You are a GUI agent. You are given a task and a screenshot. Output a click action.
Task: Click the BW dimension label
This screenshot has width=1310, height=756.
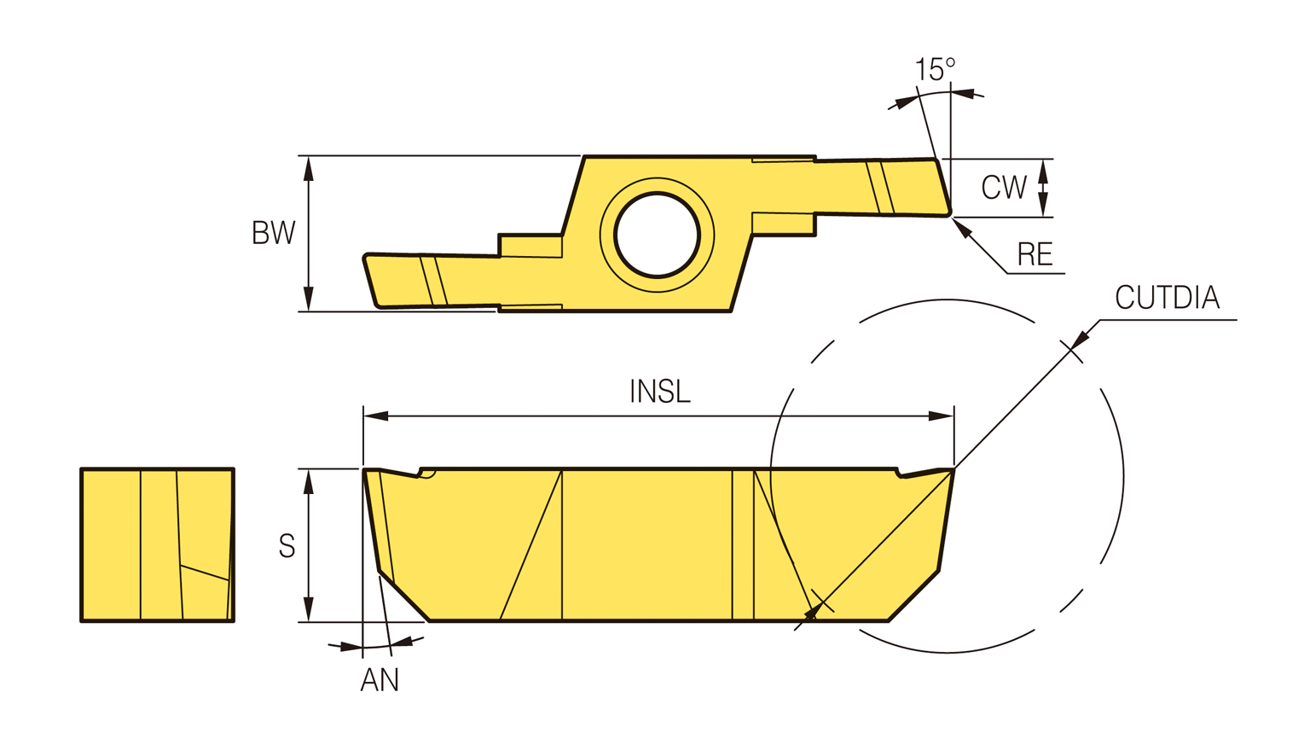pyautogui.click(x=274, y=233)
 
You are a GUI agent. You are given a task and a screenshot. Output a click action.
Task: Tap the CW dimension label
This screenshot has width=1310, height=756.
pyautogui.click(x=1004, y=188)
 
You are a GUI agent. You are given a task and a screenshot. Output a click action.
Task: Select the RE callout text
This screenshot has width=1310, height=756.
pyautogui.click(x=1035, y=254)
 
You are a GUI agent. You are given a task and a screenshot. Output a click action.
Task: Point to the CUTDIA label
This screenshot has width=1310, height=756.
pyautogui.click(x=1168, y=297)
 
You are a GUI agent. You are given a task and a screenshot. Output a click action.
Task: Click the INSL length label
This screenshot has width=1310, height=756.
pyautogui.click(x=659, y=392)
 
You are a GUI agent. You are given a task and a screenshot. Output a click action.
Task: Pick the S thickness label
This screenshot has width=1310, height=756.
pyautogui.click(x=287, y=546)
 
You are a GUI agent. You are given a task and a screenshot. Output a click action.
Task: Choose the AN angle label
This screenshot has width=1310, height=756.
pyautogui.click(x=380, y=680)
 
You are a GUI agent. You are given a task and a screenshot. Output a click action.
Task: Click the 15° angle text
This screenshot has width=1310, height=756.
pyautogui.click(x=935, y=69)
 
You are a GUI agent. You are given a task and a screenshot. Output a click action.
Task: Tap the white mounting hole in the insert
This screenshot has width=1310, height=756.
pyautogui.click(x=658, y=234)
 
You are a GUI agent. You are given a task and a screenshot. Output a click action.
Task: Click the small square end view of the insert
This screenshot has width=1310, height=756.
pyautogui.click(x=157, y=544)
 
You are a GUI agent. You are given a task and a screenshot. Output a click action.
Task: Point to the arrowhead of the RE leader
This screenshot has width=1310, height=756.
pyautogui.click(x=962, y=227)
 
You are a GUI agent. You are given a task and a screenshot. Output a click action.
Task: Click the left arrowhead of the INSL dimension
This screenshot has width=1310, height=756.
pyautogui.click(x=375, y=416)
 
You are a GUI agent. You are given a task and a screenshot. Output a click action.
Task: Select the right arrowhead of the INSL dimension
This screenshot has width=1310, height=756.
pyautogui.click(x=942, y=416)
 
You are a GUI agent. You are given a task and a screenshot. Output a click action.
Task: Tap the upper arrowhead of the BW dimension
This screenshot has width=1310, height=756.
pyautogui.click(x=309, y=168)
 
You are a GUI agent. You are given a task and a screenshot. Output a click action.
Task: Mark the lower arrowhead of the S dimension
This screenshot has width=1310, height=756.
pyautogui.click(x=309, y=609)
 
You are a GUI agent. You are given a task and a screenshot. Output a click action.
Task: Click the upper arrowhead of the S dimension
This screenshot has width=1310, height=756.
pyautogui.click(x=309, y=481)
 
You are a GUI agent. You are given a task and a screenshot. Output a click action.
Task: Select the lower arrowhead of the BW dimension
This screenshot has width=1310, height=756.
pyautogui.click(x=309, y=299)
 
